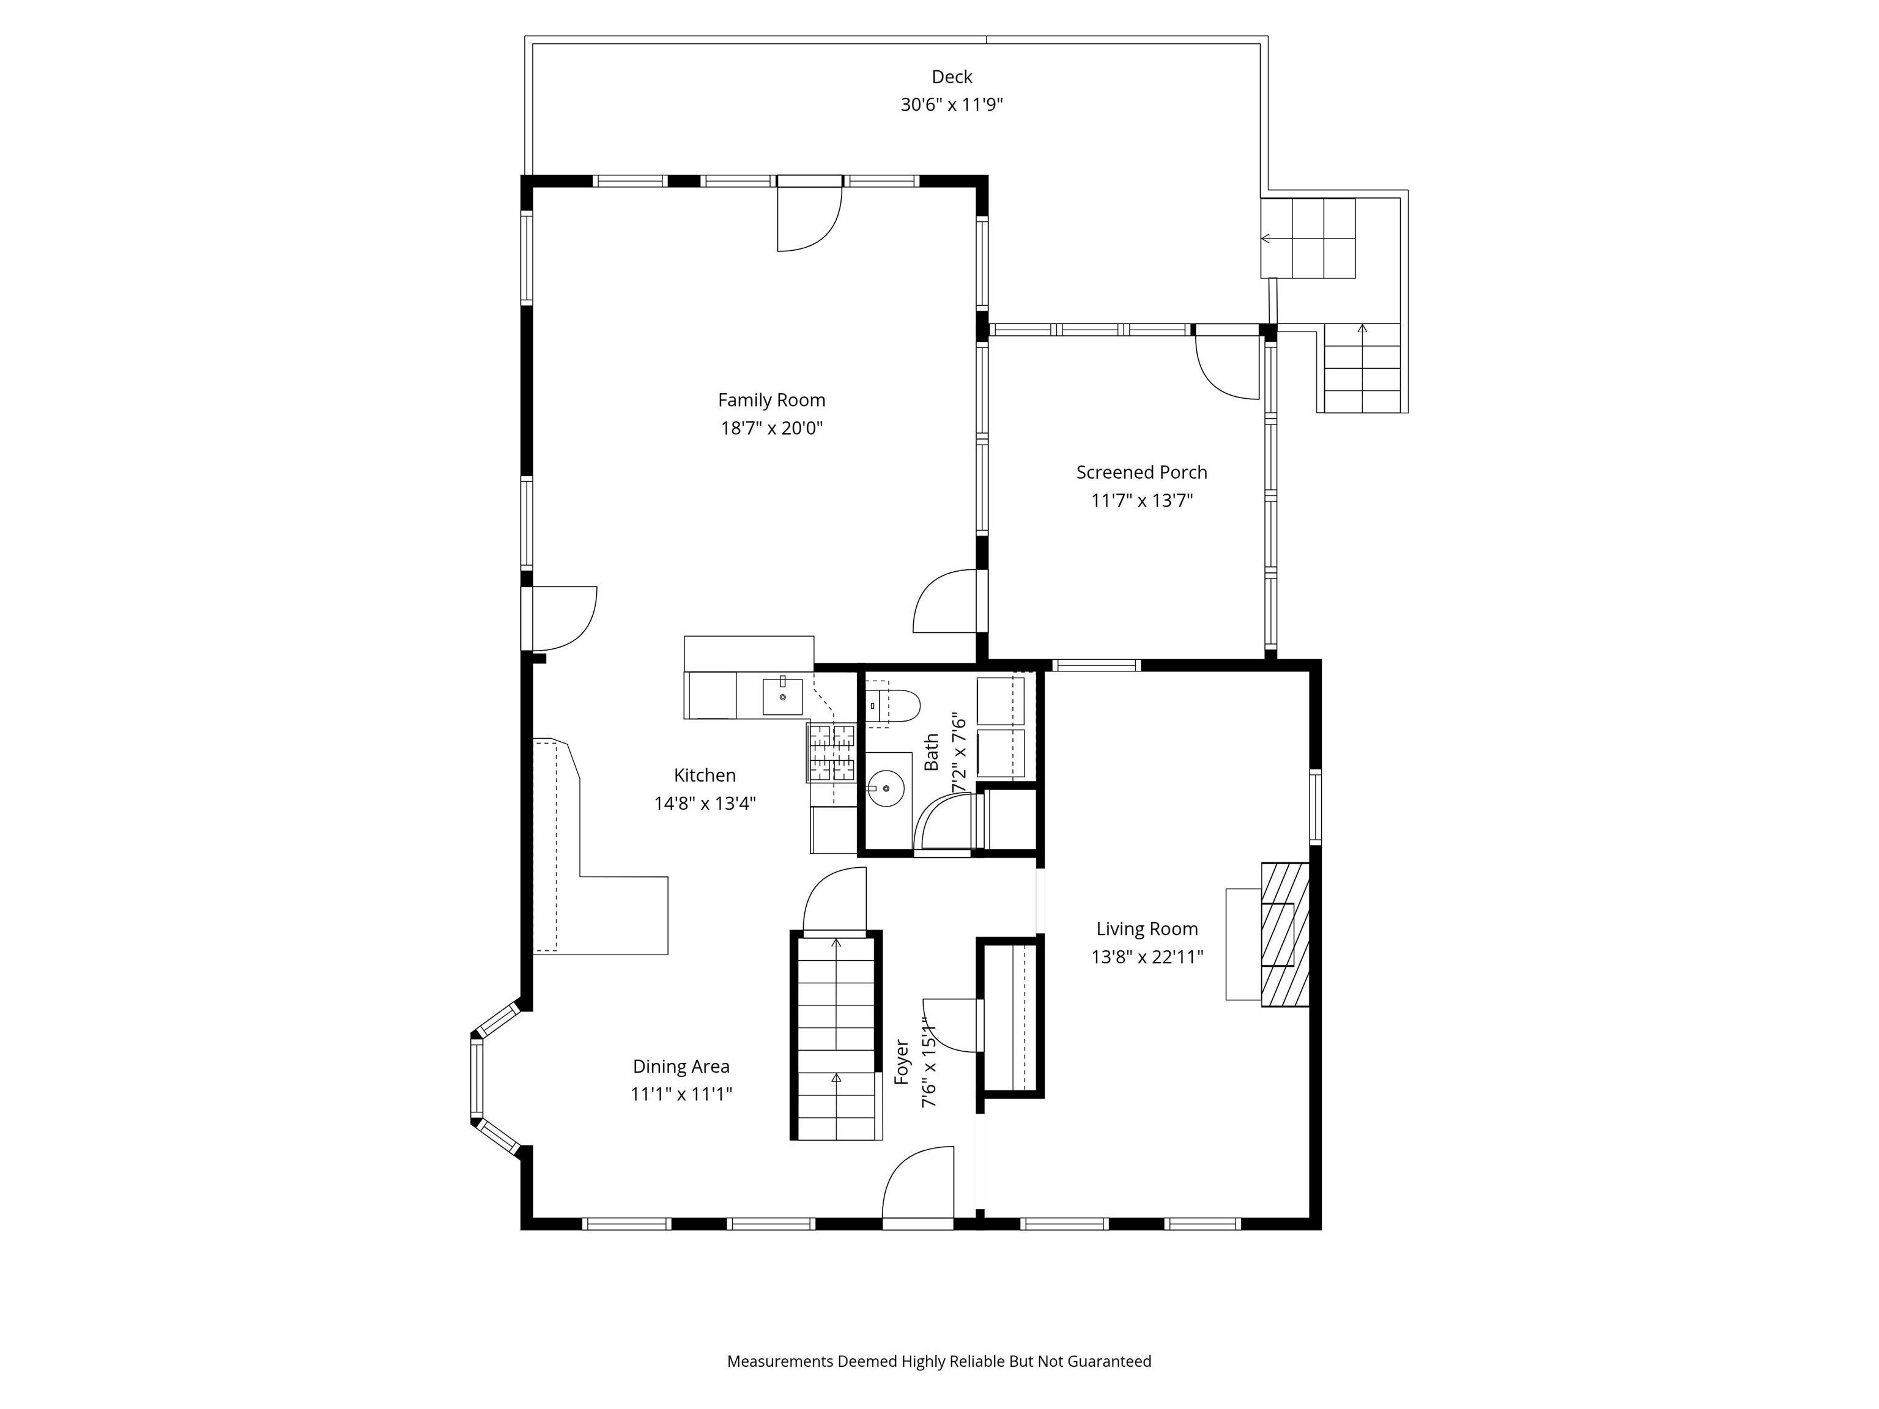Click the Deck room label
tap(951, 77)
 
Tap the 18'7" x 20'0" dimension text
tap(771, 428)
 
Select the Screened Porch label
tap(1141, 472)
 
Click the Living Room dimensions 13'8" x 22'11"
tap(1147, 957)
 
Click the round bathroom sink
tap(886, 788)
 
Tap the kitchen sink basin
tap(782, 697)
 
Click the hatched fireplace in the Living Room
tap(1285, 935)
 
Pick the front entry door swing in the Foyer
tap(917, 1185)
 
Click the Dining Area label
tap(680, 1067)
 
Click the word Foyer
tap(902, 1062)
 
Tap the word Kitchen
tap(704, 775)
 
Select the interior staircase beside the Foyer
tap(837, 1036)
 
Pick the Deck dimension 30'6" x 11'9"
tap(951, 105)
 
